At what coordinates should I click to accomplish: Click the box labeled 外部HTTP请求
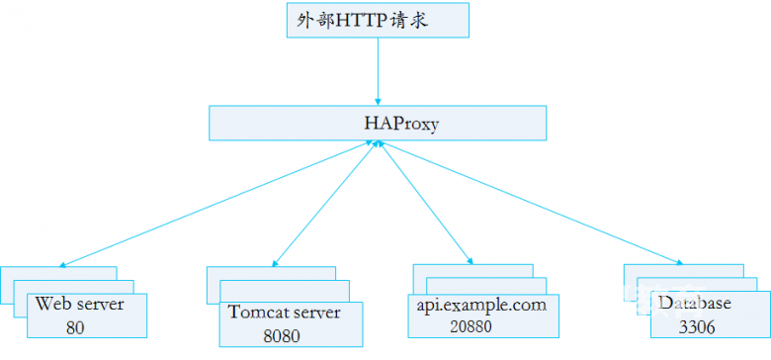tap(377, 20)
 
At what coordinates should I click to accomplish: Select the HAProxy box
tap(377, 124)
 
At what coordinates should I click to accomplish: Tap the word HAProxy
tap(394, 125)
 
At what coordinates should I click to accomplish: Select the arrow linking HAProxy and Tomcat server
tap(321, 204)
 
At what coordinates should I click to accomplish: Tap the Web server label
tap(79, 304)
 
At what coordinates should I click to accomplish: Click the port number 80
tap(76, 326)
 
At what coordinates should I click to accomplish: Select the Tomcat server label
tap(285, 313)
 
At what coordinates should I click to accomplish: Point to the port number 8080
tap(281, 336)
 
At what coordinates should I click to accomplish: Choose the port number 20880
tap(470, 325)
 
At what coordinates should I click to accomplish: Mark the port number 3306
tap(696, 326)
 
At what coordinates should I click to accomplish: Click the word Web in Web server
tap(50, 304)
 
